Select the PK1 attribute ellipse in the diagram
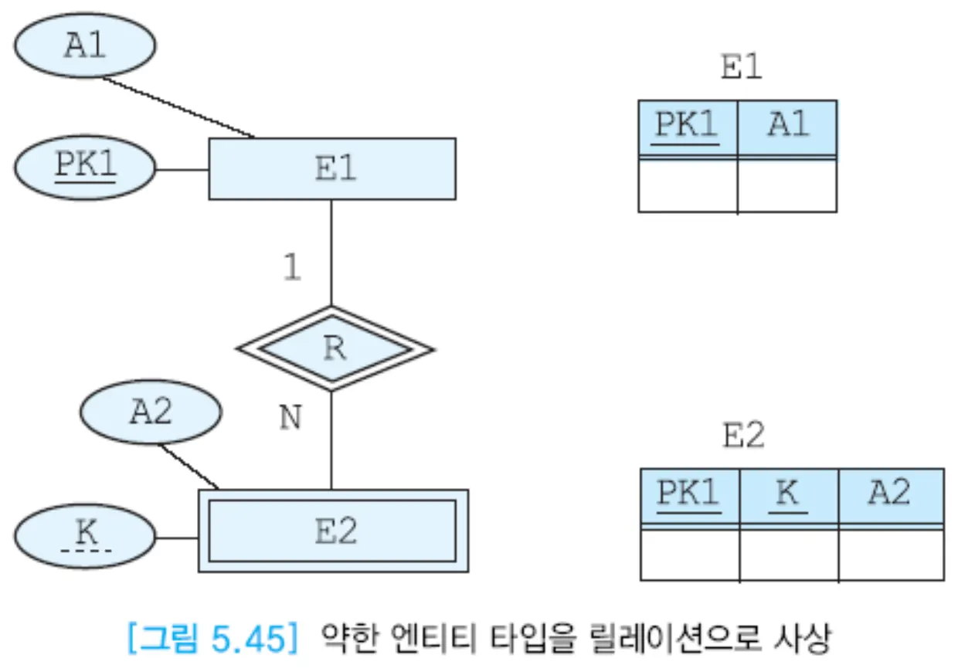tap(84, 168)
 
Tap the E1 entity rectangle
tap(332, 168)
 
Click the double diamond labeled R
tap(334, 348)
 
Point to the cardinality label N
tap(290, 419)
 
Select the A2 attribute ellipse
tap(150, 413)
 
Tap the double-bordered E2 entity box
tap(333, 531)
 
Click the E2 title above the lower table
tap(743, 437)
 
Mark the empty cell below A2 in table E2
tap(890, 554)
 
